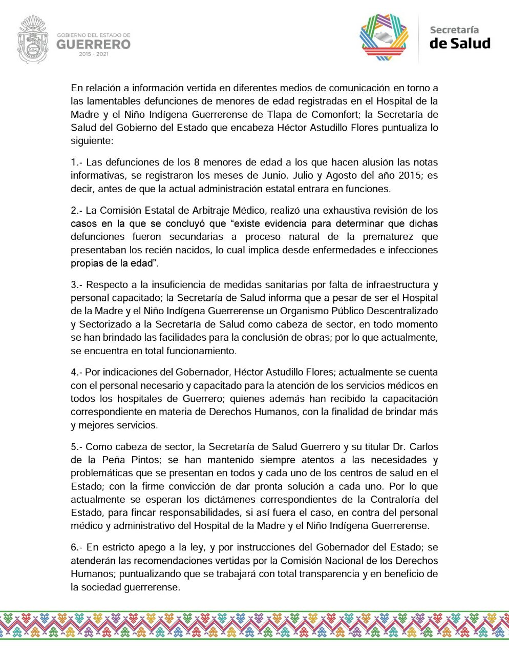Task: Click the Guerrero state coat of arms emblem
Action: [33, 39]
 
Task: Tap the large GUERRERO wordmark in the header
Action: [93, 45]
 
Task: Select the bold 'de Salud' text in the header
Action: [459, 44]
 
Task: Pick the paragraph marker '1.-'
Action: [76, 162]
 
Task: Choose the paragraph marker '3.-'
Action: [76, 285]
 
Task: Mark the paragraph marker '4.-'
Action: [76, 372]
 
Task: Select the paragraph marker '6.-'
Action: [76, 547]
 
